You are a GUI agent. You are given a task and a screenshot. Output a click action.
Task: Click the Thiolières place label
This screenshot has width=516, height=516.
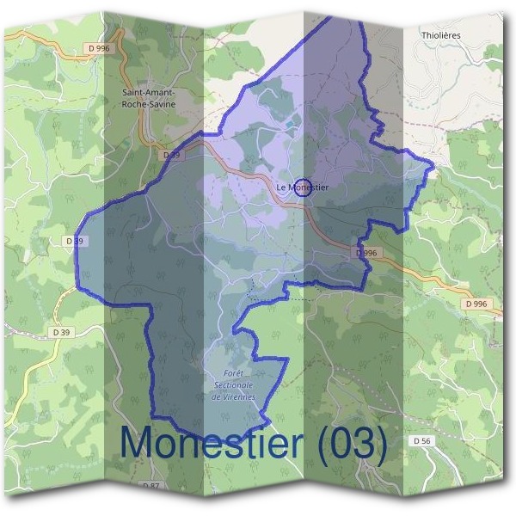442,35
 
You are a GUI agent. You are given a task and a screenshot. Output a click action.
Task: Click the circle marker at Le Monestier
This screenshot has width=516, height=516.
303,187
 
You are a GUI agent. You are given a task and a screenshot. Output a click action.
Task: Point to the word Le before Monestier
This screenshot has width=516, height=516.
281,187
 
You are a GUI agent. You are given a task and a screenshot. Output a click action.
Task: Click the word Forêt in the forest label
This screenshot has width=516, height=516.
234,374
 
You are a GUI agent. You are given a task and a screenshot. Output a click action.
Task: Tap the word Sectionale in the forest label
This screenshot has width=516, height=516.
234,385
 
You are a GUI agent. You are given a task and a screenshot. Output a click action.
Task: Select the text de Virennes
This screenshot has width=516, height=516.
234,396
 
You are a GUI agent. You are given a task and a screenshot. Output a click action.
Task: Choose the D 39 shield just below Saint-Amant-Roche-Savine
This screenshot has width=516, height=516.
171,155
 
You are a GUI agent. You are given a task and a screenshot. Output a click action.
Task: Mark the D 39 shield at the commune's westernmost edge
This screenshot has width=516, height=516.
75,242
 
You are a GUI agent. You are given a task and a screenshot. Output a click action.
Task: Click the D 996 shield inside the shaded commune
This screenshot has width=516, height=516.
365,253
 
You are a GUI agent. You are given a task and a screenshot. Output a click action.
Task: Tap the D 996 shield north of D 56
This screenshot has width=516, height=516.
475,304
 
